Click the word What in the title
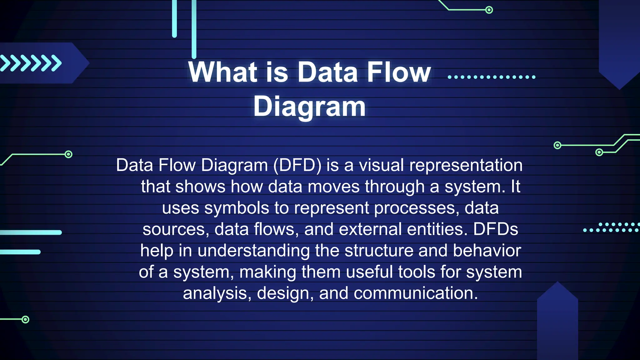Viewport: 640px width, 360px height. pos(222,72)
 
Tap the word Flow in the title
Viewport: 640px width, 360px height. pos(399,72)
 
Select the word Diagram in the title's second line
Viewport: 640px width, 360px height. pos(309,107)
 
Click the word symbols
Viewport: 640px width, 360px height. pos(237,208)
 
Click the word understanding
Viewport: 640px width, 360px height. pos(253,251)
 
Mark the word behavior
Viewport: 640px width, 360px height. pos(487,251)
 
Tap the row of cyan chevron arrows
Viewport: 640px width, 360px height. pos(31,63)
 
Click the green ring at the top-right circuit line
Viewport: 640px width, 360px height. pos(489,10)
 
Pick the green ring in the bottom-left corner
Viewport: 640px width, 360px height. pos(26,319)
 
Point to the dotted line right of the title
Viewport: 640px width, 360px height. pos(491,77)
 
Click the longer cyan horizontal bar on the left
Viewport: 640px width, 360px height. pos(31,232)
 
